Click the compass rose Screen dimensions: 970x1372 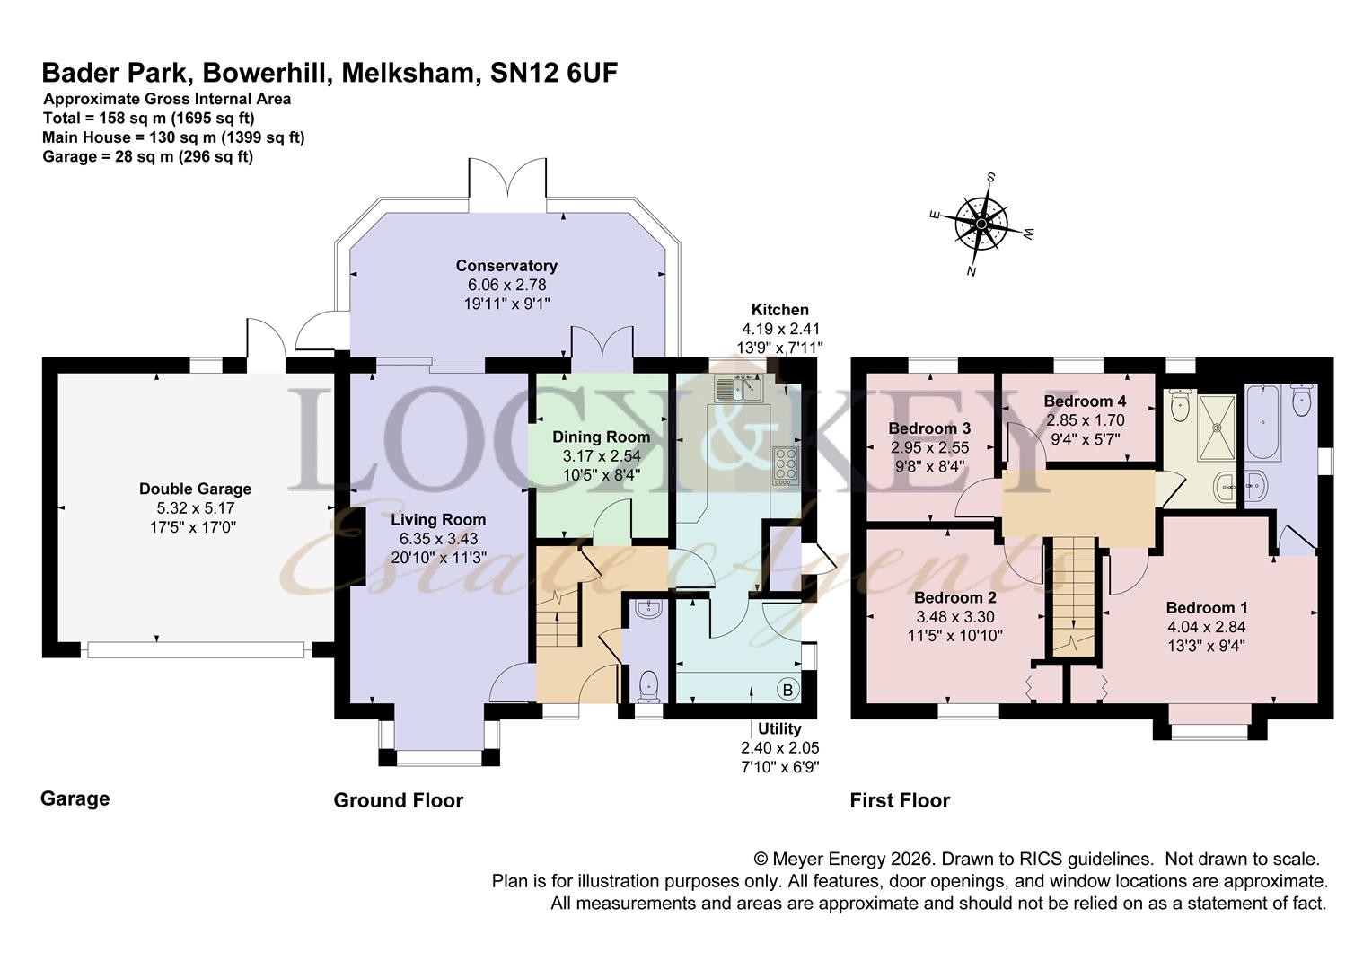983,222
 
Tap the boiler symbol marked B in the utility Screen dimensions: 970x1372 787,690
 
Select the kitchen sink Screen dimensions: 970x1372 738,388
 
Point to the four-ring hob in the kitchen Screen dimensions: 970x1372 786,466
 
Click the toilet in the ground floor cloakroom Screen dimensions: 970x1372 648,687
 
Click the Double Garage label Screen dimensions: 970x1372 195,489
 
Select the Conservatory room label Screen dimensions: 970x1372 506,266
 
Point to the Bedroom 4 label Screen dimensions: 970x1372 1085,401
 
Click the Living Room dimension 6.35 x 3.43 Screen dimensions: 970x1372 438,538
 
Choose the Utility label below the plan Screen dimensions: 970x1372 778,728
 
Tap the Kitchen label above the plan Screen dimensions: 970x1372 779,310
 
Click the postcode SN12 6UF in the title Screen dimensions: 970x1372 554,73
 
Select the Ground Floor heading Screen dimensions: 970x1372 398,800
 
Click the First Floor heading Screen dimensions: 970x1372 900,800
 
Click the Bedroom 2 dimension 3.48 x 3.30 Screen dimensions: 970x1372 954,617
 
